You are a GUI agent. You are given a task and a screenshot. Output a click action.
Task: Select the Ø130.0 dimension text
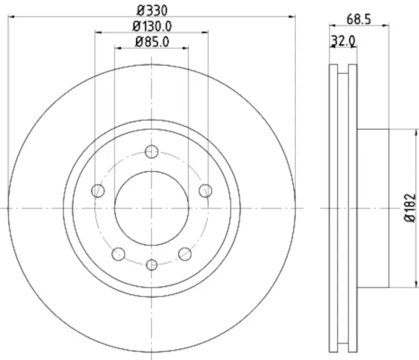pos(152,26)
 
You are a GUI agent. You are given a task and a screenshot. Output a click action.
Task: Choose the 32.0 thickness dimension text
pos(343,41)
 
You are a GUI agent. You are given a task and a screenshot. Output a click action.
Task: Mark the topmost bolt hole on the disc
pos(152,151)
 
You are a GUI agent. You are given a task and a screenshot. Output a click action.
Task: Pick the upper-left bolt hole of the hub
pos(98,190)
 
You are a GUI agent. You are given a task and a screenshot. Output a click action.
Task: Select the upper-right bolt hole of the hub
pos(206,190)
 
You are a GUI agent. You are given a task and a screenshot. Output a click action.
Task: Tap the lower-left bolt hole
pos(118,253)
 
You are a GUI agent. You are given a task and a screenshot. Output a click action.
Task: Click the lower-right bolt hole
pos(185,253)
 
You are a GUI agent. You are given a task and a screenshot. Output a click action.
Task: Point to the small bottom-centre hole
pos(152,264)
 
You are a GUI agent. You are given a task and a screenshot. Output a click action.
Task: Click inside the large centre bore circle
pos(152,208)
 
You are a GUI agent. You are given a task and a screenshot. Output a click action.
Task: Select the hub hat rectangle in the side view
pos(373,208)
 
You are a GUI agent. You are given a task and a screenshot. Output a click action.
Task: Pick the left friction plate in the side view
pos(333,208)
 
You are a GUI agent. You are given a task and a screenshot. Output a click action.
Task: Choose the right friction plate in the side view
pos(353,208)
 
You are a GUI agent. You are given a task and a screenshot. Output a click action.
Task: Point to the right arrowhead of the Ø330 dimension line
pos(292,17)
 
